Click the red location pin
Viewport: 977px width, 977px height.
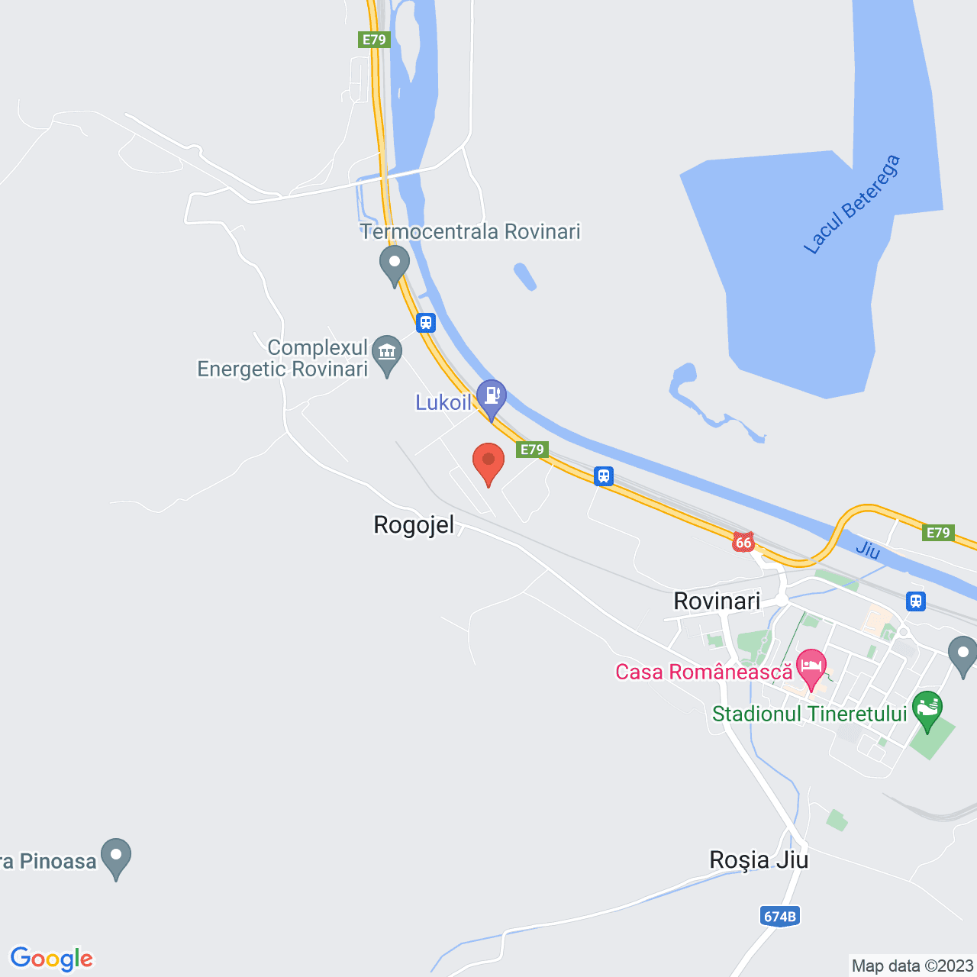(488, 462)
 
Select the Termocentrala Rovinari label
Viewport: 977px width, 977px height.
(471, 231)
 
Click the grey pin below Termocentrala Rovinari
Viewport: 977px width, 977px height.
(395, 264)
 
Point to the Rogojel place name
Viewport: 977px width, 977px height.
(414, 525)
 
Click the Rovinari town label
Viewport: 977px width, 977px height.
(717, 601)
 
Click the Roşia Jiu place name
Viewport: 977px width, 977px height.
(759, 859)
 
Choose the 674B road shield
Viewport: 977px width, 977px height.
(780, 916)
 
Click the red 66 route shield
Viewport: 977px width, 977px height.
(743, 543)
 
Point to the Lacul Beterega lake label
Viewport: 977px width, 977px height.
(852, 204)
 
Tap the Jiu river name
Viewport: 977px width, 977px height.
(868, 550)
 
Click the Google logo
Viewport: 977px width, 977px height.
(52, 959)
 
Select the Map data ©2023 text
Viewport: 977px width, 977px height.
(912, 966)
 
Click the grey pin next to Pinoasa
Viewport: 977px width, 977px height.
(116, 856)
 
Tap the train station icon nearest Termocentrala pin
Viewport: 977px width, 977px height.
(426, 323)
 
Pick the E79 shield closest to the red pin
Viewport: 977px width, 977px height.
(532, 450)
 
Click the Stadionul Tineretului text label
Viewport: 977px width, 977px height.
(809, 714)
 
